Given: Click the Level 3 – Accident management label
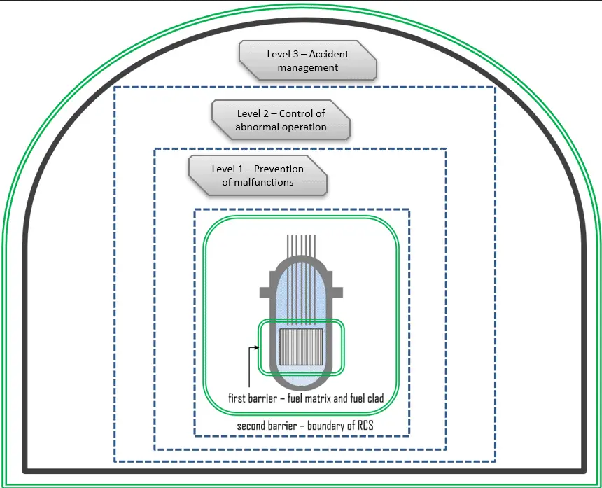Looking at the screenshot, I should (x=308, y=60).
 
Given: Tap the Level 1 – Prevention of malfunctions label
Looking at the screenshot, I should (x=258, y=175).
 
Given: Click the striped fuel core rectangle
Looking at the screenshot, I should (x=301, y=348).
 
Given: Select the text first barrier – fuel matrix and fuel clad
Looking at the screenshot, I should (x=306, y=398).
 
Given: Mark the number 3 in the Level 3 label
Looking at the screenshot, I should (x=295, y=54).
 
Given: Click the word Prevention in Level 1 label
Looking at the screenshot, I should (x=279, y=169).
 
